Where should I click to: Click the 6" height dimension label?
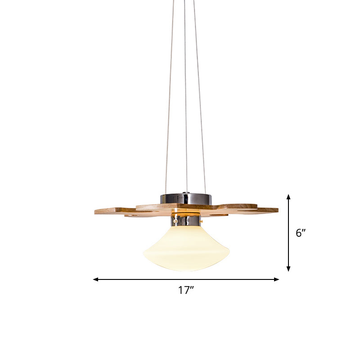click(301, 233)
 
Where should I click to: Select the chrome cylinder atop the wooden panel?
click(186, 198)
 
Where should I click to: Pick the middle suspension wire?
click(186, 112)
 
